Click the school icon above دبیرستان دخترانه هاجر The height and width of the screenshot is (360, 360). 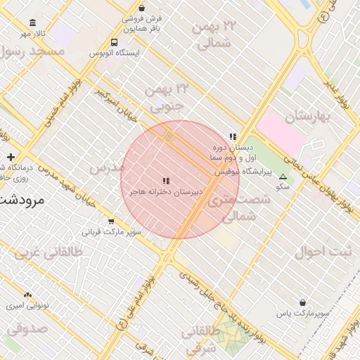tap(166, 181)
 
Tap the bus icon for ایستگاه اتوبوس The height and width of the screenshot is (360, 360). tap(115, 43)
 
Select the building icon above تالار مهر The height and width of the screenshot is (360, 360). tap(32, 23)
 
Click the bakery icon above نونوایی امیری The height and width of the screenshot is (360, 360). tap(27, 295)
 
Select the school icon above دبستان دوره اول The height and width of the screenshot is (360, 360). tap(233, 137)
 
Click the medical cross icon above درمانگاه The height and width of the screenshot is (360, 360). tap(11, 157)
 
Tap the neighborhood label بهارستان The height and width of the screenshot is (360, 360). tap(309, 115)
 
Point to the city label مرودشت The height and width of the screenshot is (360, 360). tap(21, 200)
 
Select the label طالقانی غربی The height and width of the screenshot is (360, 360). tap(53, 251)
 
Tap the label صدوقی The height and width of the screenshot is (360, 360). tap(27, 328)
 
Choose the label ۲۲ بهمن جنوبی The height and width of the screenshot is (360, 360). tap(167, 98)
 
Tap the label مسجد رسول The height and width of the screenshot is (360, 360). tap(32, 51)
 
